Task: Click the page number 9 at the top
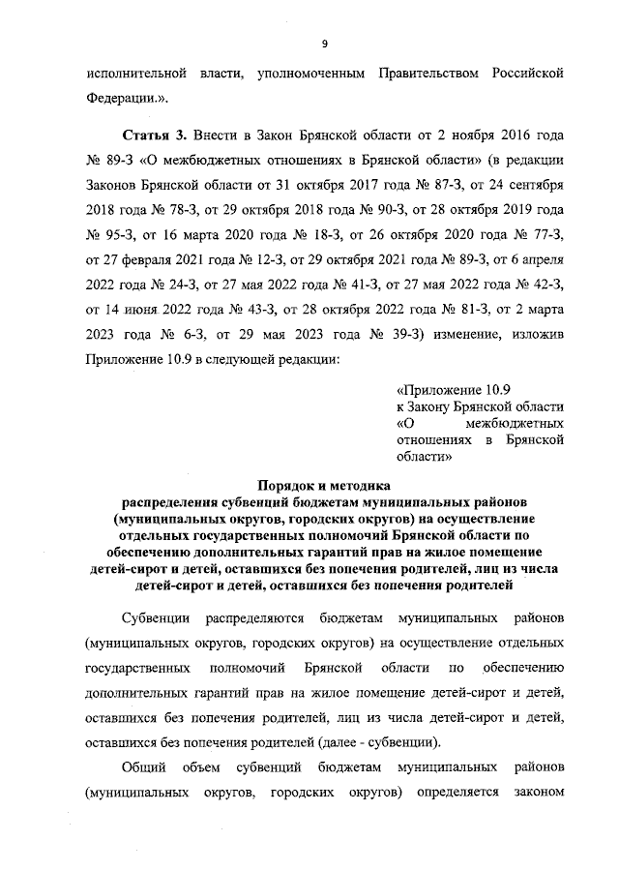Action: [x=324, y=43]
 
